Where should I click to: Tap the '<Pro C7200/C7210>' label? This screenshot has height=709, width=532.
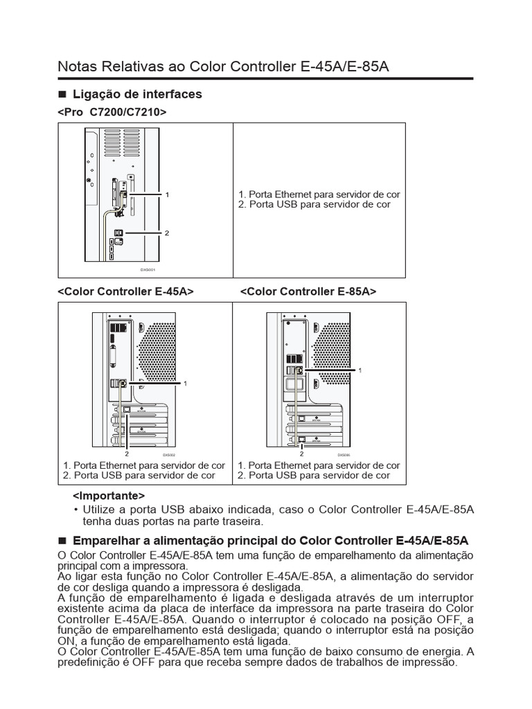pos(112,111)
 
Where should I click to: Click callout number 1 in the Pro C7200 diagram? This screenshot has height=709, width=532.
pos(167,196)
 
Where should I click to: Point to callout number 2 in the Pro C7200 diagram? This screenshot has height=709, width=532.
pos(167,233)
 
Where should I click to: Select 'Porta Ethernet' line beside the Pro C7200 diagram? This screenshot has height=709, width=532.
pos(319,195)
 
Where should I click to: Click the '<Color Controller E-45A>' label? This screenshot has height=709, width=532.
pos(125,292)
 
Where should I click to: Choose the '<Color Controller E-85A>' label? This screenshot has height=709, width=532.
pos(308,292)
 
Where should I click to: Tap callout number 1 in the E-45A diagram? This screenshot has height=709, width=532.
pos(186,383)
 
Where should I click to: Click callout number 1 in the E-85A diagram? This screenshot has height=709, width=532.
pos(360,371)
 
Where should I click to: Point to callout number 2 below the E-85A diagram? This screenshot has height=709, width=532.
pos(301,454)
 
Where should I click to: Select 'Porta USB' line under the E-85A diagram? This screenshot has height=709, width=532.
pos(314,476)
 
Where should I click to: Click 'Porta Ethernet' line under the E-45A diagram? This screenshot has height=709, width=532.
pos(144,466)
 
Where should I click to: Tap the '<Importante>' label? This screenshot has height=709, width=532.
pos(109,496)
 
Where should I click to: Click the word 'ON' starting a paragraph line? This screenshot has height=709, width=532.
pos(64,641)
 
